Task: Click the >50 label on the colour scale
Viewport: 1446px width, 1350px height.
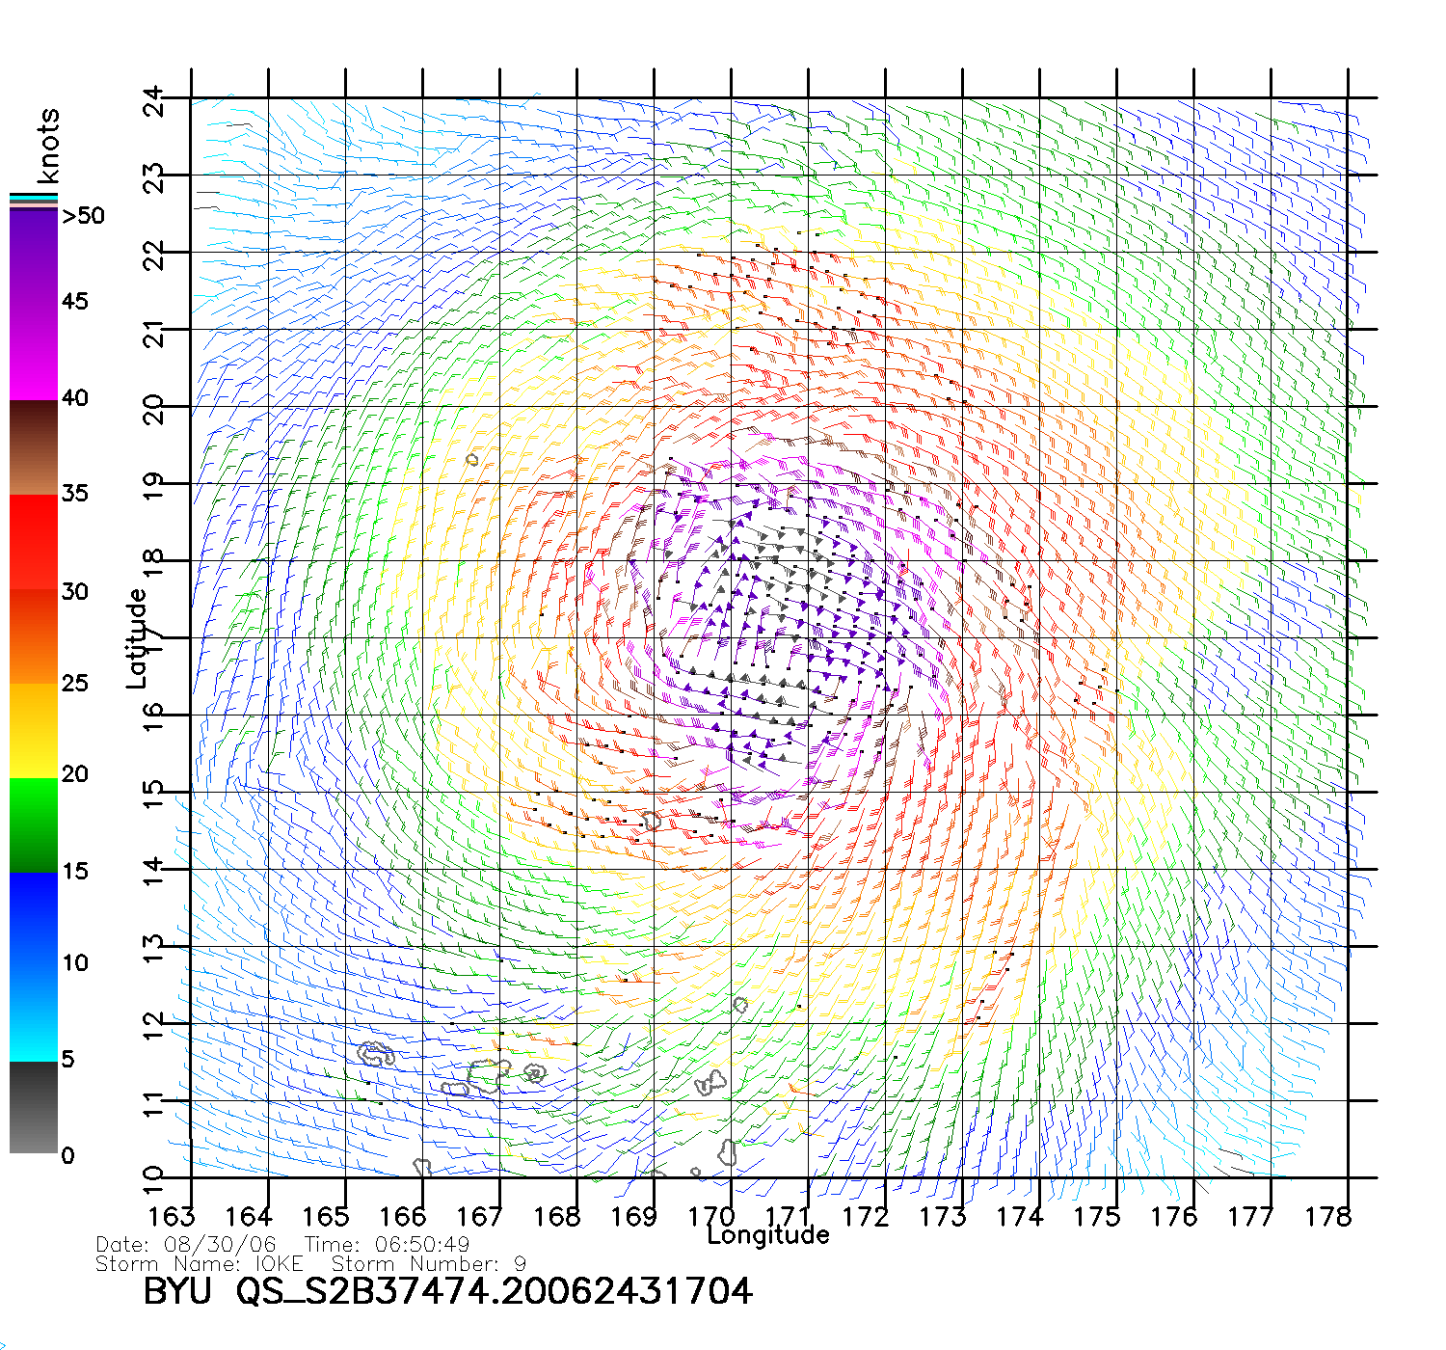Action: [83, 216]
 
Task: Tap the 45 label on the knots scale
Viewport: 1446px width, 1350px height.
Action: [74, 302]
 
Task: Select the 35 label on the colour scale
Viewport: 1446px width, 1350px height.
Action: [74, 494]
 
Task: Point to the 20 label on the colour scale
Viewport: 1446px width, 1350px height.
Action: [74, 774]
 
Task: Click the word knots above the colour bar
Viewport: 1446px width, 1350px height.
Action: [48, 146]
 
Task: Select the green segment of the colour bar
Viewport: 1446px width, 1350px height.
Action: [33, 824]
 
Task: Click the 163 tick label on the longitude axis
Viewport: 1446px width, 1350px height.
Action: [172, 1217]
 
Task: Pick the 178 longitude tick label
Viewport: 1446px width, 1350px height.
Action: [1328, 1217]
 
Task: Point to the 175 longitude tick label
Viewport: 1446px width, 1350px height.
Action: [1097, 1217]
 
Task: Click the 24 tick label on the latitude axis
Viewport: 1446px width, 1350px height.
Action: [154, 102]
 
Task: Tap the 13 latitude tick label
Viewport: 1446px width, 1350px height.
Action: [154, 948]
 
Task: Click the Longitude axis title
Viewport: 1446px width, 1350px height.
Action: [768, 1235]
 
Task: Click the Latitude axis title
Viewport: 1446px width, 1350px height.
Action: [137, 638]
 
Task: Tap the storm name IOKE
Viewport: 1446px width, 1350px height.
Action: [279, 1263]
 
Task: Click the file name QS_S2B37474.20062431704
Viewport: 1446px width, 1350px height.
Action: [494, 1291]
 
